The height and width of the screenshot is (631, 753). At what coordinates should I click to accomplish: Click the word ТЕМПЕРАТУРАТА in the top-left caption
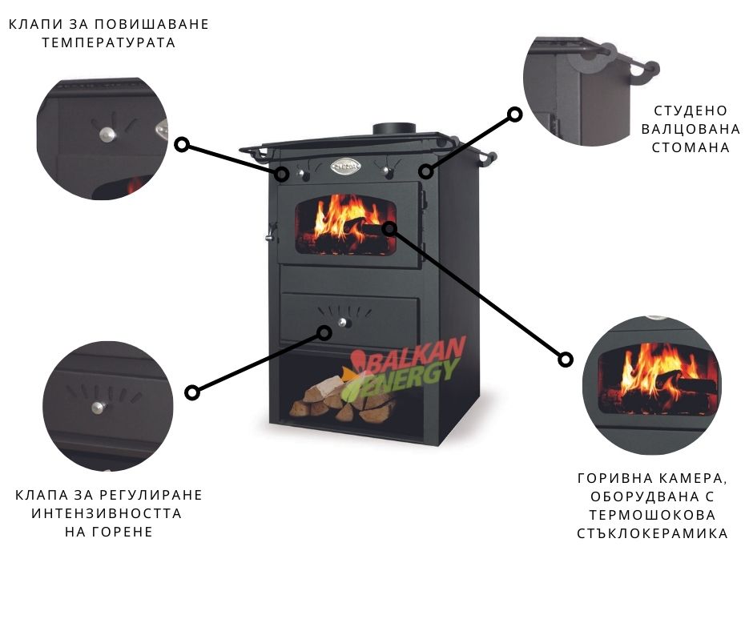108,42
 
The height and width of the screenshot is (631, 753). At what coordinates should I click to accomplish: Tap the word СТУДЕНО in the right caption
691,111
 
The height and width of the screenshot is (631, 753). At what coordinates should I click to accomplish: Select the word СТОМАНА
691,147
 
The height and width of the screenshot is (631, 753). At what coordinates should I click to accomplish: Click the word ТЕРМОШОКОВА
652,515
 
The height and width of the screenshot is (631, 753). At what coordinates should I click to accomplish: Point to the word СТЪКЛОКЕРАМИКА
652,533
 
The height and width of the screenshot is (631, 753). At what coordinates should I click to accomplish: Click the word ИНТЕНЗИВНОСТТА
107,512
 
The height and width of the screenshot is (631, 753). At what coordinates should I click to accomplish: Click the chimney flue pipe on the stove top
394,129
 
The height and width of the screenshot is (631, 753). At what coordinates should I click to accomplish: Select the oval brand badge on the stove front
345,166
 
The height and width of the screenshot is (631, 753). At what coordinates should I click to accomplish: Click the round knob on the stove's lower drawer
342,322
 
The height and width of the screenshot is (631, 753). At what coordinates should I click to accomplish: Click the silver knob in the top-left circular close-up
107,134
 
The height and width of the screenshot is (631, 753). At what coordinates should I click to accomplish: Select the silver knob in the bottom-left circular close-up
99,408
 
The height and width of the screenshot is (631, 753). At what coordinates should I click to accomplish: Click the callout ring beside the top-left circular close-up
182,145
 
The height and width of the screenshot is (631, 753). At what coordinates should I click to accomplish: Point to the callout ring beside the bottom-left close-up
192,392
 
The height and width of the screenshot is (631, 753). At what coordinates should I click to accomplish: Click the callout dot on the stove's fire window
389,228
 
